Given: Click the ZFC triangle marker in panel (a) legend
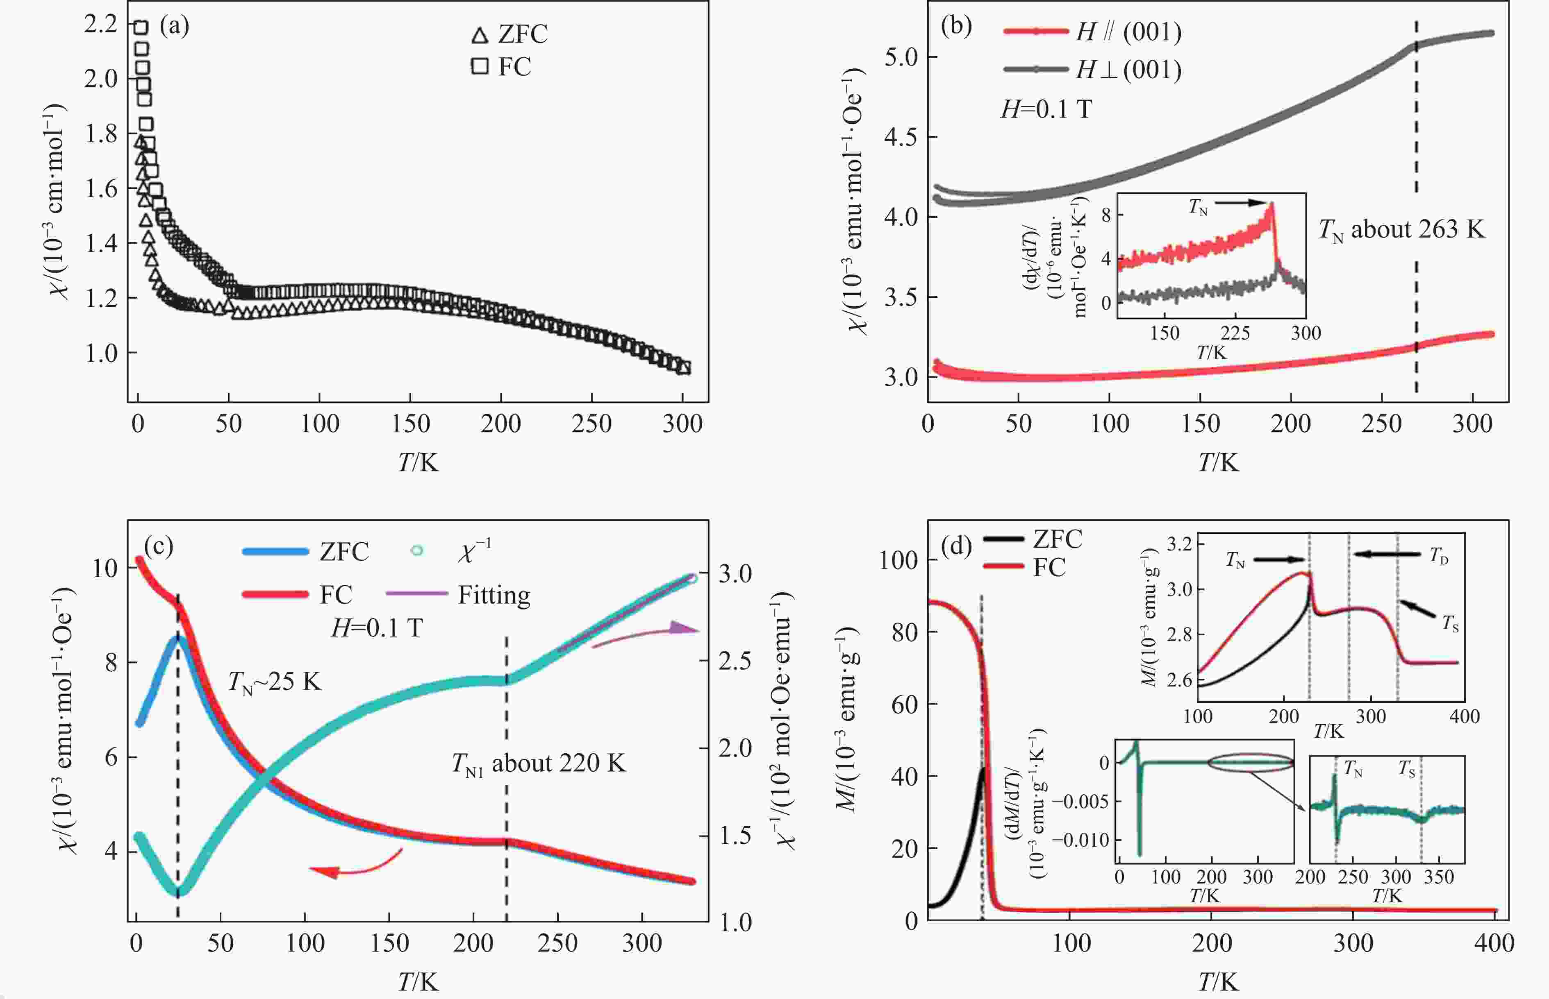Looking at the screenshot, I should click(480, 36).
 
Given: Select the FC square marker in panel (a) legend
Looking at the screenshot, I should click(480, 66).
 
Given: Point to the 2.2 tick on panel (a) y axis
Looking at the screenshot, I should click(100, 24).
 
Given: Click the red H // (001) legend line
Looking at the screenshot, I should click(1035, 31).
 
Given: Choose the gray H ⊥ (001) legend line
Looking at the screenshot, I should click(1035, 69).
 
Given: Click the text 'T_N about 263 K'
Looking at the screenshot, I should click(1401, 230).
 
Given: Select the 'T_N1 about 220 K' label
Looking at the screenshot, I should click(539, 763).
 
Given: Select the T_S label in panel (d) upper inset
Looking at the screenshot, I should click(1450, 623).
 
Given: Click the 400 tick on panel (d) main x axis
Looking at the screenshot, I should click(1494, 942).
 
